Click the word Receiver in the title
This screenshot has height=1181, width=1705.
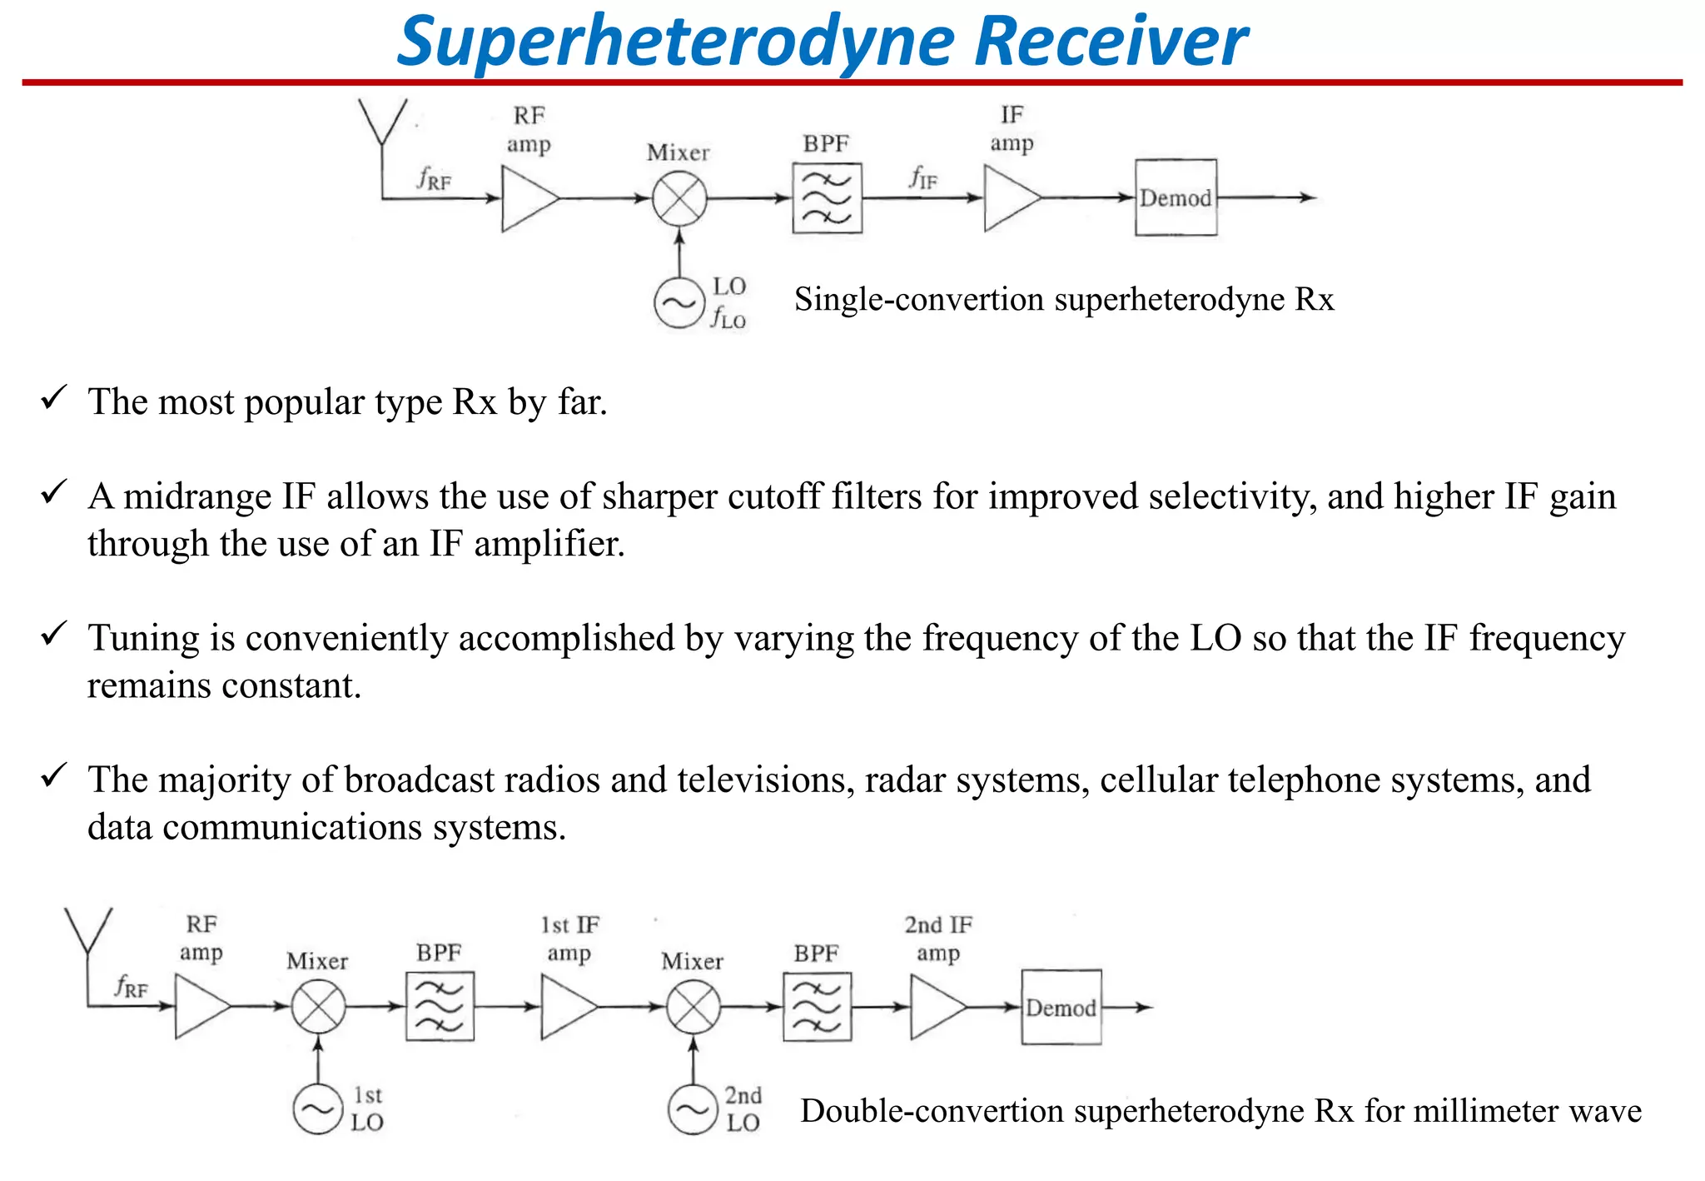point(1110,42)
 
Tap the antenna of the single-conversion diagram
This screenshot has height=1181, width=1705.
point(382,125)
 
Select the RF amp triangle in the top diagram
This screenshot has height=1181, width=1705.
point(526,198)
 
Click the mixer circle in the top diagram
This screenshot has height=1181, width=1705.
point(679,198)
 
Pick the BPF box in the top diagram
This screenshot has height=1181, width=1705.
point(827,198)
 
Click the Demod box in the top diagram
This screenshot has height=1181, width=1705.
point(1176,198)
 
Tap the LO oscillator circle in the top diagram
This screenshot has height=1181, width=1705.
point(679,304)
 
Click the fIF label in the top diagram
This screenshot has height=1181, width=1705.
point(922,177)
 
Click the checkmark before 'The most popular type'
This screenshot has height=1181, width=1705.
point(53,398)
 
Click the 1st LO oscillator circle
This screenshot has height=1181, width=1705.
point(318,1109)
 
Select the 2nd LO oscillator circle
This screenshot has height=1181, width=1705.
point(693,1109)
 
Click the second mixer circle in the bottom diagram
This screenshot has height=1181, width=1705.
point(693,1007)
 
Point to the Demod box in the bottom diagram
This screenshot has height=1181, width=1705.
point(1061,1007)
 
